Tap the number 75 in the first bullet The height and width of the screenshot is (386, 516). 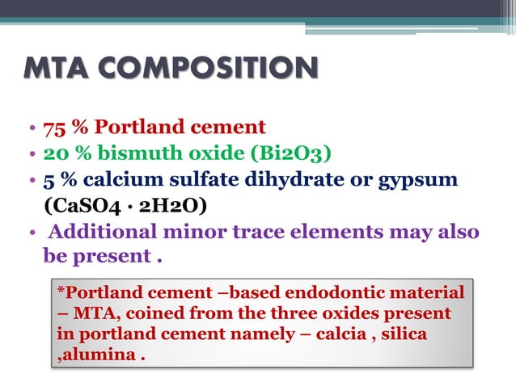(x=53, y=127)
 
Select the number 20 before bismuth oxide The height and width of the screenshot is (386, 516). (x=54, y=153)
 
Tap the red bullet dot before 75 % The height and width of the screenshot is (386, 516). (x=31, y=128)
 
